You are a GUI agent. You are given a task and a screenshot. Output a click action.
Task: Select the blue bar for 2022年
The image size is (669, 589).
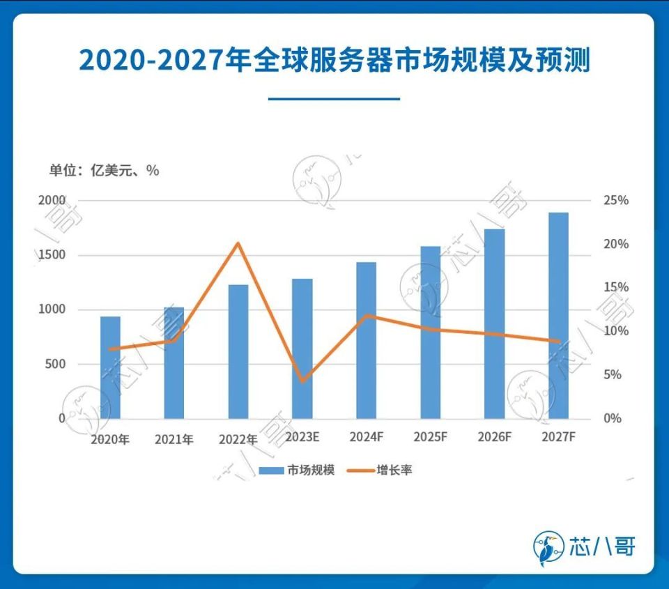tap(238, 351)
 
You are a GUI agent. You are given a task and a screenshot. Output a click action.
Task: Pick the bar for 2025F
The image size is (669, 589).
tap(430, 332)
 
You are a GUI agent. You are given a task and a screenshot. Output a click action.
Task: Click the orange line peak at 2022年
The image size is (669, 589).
tap(238, 243)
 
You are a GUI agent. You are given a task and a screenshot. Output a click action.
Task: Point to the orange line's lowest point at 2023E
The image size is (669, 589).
tap(302, 381)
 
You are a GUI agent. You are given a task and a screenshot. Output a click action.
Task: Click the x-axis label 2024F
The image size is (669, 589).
tap(366, 437)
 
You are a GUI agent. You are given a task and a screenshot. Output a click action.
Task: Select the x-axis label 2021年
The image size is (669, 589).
tap(174, 439)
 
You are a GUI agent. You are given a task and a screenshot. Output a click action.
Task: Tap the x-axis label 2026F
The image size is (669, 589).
tap(494, 437)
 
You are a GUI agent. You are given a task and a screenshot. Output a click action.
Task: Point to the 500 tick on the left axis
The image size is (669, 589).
tap(55, 364)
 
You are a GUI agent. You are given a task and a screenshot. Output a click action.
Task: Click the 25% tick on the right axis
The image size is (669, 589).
tap(615, 200)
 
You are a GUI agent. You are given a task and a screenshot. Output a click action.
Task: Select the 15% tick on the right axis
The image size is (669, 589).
tap(615, 287)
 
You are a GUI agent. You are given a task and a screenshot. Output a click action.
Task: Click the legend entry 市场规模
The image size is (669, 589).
tap(310, 470)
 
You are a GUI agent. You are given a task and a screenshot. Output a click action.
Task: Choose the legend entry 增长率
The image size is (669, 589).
tap(394, 470)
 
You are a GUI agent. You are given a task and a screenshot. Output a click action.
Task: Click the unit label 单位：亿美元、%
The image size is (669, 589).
tap(103, 170)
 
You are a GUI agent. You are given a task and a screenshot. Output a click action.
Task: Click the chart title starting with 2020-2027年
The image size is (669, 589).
tap(334, 61)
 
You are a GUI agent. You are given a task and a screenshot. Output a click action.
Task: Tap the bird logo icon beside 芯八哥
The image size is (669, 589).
tap(548, 546)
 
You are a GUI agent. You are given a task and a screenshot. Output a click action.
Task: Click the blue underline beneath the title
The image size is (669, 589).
tap(334, 98)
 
